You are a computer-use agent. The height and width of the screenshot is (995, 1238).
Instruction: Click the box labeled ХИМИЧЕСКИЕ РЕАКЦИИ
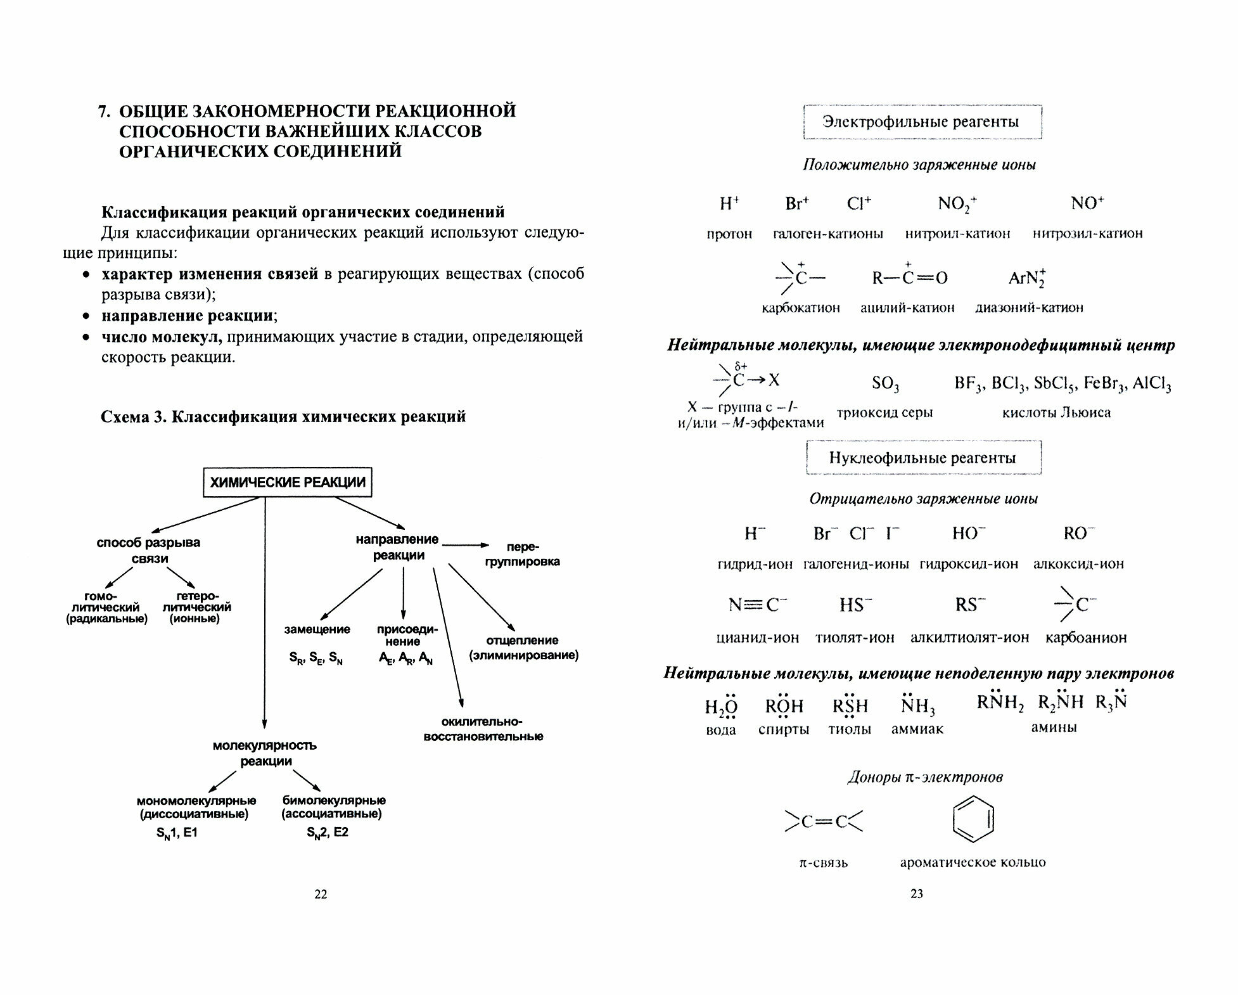tap(287, 482)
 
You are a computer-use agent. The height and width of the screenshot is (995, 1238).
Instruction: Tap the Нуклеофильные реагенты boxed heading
tap(922, 458)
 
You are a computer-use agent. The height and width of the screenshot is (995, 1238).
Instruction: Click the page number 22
tap(321, 894)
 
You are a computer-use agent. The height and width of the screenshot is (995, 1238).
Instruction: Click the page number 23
tap(916, 894)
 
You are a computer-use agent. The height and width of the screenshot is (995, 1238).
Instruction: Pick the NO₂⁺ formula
tap(957, 204)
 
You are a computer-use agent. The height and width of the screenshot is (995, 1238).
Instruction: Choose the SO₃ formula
tap(885, 383)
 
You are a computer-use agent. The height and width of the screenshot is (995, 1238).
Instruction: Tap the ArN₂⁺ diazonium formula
tap(1027, 278)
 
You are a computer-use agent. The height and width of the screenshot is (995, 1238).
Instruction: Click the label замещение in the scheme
tap(317, 629)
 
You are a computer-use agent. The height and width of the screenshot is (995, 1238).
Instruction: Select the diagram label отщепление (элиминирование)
tap(523, 648)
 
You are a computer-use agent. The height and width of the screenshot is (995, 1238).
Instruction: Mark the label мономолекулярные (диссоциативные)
tap(196, 807)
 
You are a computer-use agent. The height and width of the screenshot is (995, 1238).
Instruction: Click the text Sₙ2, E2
tap(328, 833)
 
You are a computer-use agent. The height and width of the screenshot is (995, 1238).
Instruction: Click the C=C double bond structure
tap(823, 822)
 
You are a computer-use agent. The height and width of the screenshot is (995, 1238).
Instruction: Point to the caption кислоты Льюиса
tap(1056, 413)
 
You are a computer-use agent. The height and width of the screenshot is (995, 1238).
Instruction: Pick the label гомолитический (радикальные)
tap(106, 607)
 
